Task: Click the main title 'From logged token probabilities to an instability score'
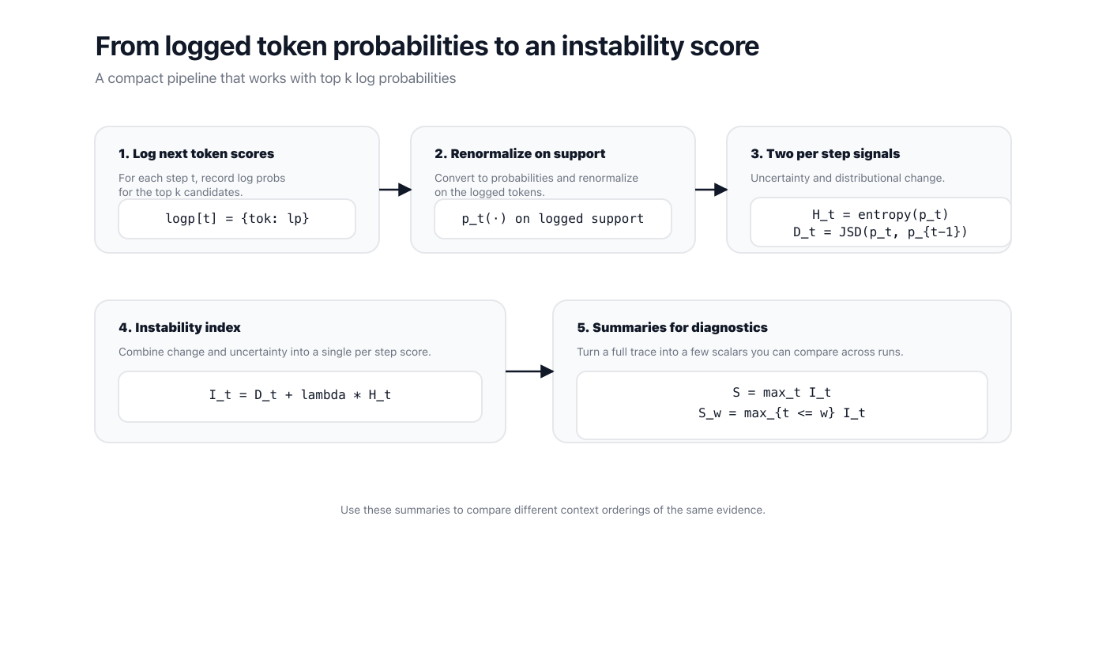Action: tap(427, 47)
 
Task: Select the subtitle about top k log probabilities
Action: tap(275, 78)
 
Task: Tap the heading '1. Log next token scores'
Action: tap(196, 154)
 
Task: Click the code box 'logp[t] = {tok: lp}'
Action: tap(237, 219)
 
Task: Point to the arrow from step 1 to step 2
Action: tap(395, 190)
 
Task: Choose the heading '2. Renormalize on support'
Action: tap(520, 154)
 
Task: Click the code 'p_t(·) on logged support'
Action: tap(553, 219)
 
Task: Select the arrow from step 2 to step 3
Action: tap(711, 190)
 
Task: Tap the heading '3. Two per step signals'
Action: tap(825, 154)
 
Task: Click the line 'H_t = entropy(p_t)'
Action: tap(880, 214)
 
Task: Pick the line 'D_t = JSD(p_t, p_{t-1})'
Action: tap(880, 232)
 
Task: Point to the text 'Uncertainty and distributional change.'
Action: tap(847, 178)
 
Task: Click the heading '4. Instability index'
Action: tap(179, 328)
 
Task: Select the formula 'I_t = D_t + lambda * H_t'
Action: tap(300, 395)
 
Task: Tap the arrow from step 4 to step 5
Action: tap(529, 371)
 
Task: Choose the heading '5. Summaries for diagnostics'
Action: tap(671, 328)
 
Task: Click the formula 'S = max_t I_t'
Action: tap(781, 393)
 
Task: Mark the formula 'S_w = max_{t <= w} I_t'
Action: tap(781, 413)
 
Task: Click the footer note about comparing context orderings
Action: tap(552, 510)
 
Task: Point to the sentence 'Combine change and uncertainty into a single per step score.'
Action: tap(274, 352)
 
